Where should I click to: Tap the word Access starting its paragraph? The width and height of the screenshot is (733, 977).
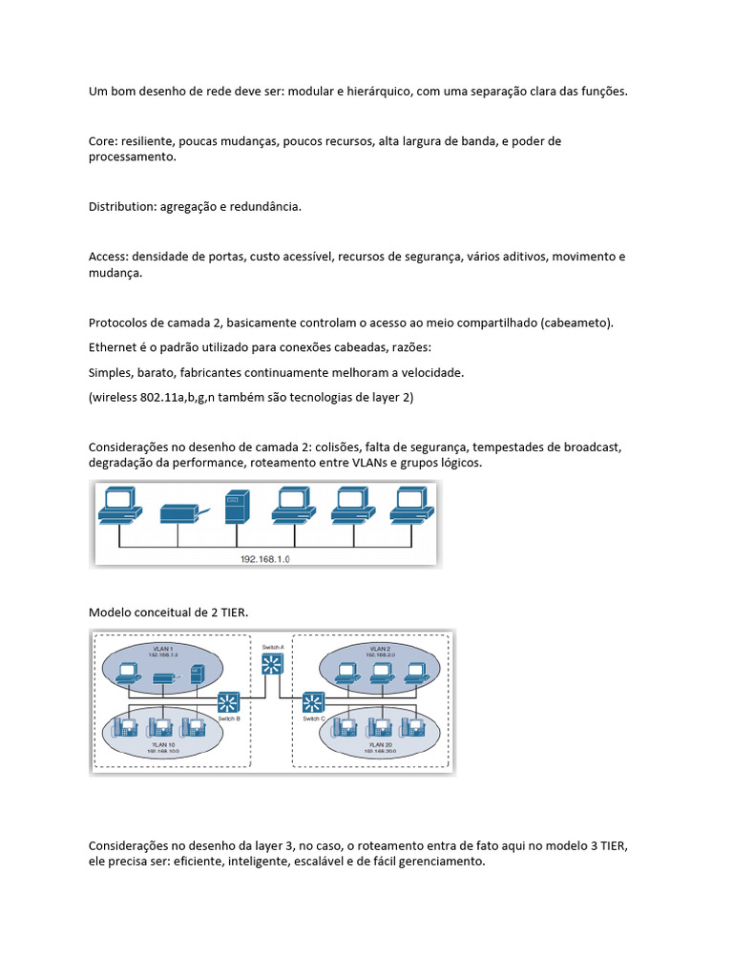coord(108,257)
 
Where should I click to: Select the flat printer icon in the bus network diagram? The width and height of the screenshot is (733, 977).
coord(180,512)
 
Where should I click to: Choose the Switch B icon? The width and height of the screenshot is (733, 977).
coord(229,703)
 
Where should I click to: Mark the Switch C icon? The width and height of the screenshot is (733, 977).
coord(312,703)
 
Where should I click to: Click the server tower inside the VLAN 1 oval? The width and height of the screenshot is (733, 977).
coord(195,674)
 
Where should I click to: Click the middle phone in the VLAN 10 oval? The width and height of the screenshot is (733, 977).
coord(165,727)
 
